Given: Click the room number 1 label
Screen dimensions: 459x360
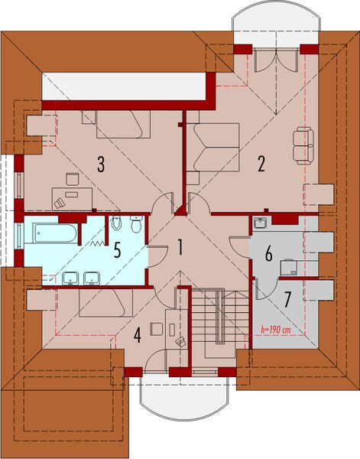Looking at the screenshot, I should [180, 247].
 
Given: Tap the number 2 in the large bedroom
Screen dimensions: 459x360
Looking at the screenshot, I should [261, 163].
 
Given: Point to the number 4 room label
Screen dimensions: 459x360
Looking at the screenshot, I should [138, 334].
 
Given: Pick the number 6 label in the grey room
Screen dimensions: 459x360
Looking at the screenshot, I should [268, 254].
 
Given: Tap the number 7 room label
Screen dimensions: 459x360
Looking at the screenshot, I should [287, 298].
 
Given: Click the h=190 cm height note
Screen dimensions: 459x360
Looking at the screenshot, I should [274, 330].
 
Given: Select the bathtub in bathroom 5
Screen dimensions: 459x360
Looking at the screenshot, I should [51, 234].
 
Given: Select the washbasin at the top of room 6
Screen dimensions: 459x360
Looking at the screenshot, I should [261, 223].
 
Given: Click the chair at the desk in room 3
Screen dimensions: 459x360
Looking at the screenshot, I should [73, 179].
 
